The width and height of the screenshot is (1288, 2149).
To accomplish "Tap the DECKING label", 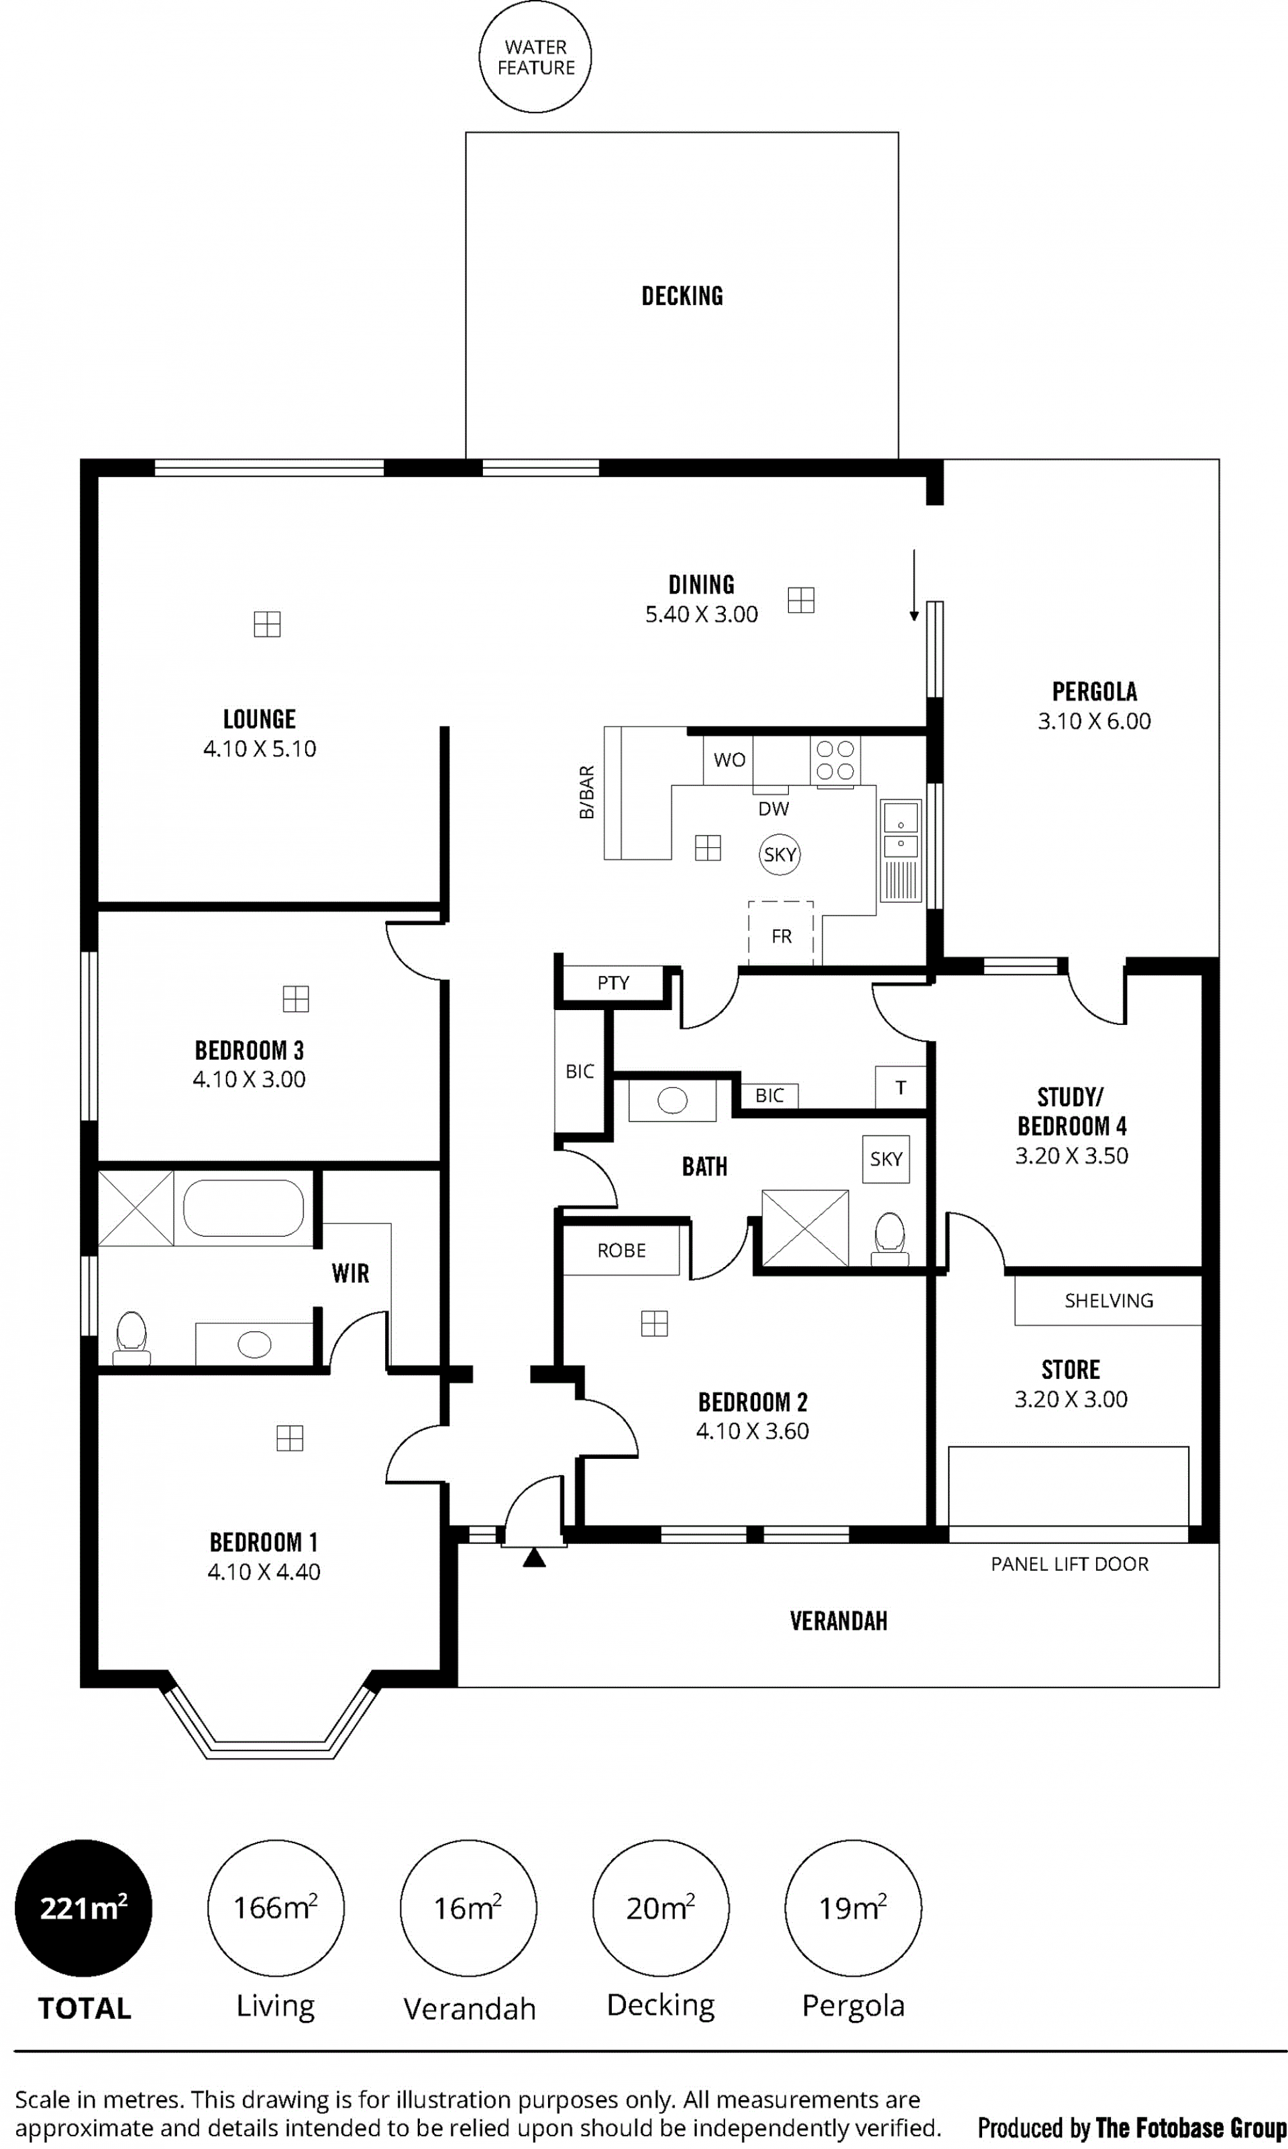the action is pyautogui.click(x=682, y=296).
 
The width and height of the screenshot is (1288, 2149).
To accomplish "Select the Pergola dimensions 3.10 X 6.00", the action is pyautogui.click(x=1094, y=721).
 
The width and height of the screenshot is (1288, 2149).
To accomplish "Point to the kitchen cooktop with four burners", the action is pyautogui.click(x=835, y=761).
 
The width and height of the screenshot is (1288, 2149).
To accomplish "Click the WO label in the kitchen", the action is pyautogui.click(x=729, y=760).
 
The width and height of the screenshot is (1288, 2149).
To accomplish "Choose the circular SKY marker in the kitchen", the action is pyautogui.click(x=780, y=855).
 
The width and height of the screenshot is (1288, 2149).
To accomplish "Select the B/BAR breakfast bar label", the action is pyautogui.click(x=587, y=792).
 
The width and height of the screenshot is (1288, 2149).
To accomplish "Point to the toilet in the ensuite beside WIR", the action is pyautogui.click(x=131, y=1337).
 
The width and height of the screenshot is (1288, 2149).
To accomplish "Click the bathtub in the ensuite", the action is pyautogui.click(x=243, y=1208).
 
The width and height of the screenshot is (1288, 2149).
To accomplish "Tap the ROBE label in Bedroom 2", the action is pyautogui.click(x=621, y=1250).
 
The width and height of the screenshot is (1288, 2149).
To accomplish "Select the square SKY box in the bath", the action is pyautogui.click(x=886, y=1159).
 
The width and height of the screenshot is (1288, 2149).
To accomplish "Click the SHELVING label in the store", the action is pyautogui.click(x=1109, y=1301).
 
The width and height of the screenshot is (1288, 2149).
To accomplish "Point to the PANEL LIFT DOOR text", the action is pyautogui.click(x=1070, y=1564).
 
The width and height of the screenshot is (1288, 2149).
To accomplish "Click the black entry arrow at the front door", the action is pyautogui.click(x=535, y=1557).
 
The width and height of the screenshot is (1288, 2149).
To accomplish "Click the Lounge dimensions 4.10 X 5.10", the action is pyautogui.click(x=260, y=749).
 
